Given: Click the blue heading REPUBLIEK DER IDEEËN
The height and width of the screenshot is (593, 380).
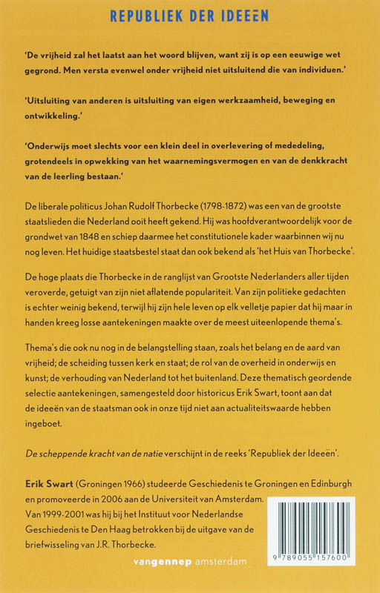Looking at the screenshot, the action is click(189, 15).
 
